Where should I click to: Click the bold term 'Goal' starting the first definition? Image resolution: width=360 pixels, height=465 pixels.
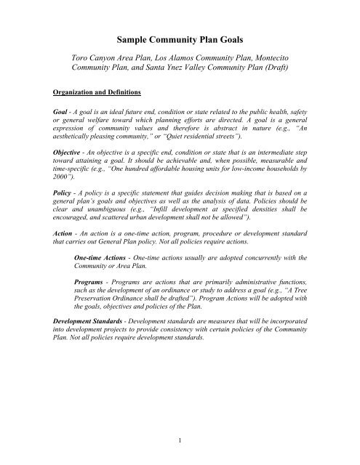pyautogui.click(x=52, y=116)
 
